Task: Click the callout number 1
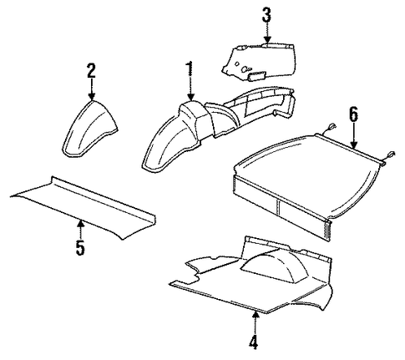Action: (190, 68)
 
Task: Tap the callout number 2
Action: (91, 71)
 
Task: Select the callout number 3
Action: (266, 15)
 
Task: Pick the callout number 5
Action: (80, 247)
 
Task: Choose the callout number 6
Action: (353, 114)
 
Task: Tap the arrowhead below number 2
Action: (92, 96)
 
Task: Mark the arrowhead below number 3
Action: (267, 40)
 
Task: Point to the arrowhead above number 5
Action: (80, 224)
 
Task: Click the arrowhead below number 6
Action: (353, 145)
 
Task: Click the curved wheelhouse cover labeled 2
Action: (89, 129)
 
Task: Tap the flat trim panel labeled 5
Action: (83, 207)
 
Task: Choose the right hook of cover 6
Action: (389, 156)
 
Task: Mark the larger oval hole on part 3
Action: (246, 68)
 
